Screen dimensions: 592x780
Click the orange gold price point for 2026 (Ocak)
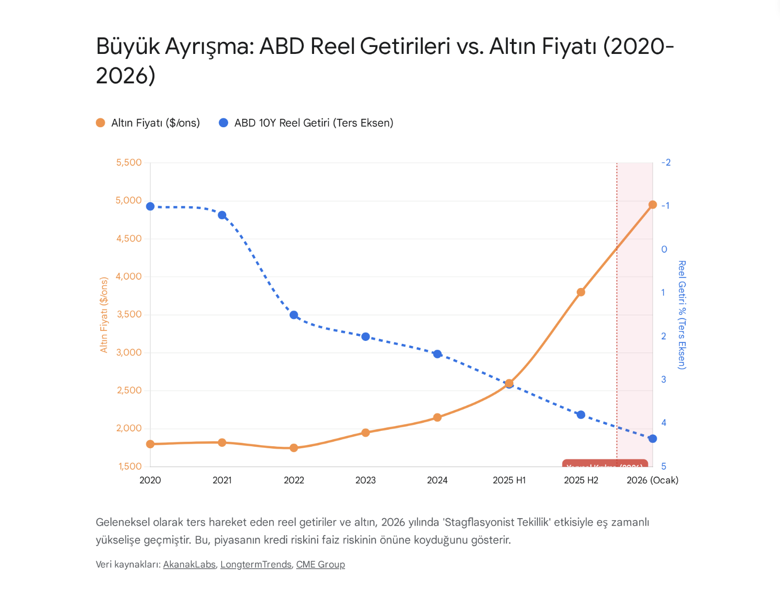(652, 205)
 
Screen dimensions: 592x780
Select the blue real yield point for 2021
(222, 215)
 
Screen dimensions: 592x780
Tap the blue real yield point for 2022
(294, 315)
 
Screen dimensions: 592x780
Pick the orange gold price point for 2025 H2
(581, 292)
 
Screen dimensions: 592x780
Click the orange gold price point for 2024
(437, 417)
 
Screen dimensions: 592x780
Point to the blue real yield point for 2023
(366, 337)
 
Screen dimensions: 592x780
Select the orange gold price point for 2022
(294, 448)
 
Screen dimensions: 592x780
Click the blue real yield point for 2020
(150, 207)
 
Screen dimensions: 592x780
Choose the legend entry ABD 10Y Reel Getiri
(306, 123)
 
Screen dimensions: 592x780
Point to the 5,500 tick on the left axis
(129, 163)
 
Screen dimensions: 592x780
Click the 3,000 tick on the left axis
(129, 352)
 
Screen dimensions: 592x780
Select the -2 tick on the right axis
(666, 163)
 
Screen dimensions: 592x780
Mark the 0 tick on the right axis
(664, 249)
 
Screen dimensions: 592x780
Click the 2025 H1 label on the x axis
(509, 480)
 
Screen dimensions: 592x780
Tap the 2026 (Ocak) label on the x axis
(652, 480)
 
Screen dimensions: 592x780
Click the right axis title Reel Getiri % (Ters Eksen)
(682, 314)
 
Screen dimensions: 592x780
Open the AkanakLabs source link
(189, 565)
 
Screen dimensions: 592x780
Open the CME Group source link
(320, 565)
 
